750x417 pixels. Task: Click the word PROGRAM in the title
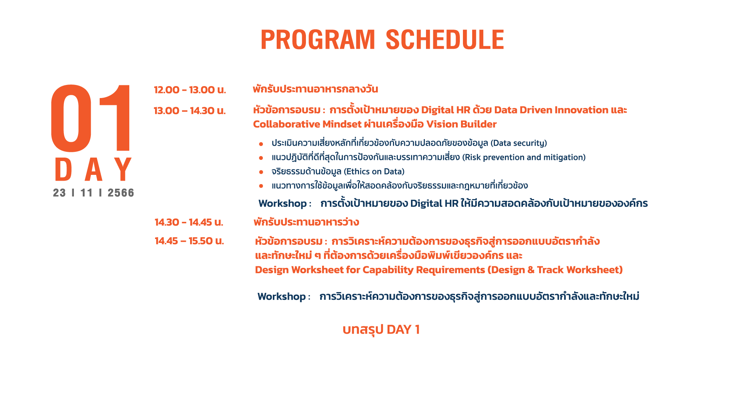[x=317, y=40]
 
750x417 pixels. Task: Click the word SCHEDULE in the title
[x=445, y=40]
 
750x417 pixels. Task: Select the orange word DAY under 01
[x=94, y=169]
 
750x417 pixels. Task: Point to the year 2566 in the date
[x=121, y=193]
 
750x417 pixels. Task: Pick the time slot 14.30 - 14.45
[x=183, y=222]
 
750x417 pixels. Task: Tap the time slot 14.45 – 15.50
[x=184, y=241]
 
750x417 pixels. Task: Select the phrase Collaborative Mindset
[x=307, y=124]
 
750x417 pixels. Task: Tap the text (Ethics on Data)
[x=374, y=171]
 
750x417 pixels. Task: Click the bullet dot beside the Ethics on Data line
[x=261, y=172]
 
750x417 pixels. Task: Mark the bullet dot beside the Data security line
[x=261, y=144]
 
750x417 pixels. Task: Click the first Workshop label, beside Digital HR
[x=282, y=204]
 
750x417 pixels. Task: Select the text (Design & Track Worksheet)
[x=555, y=270]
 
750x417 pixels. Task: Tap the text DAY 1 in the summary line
[x=403, y=329]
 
